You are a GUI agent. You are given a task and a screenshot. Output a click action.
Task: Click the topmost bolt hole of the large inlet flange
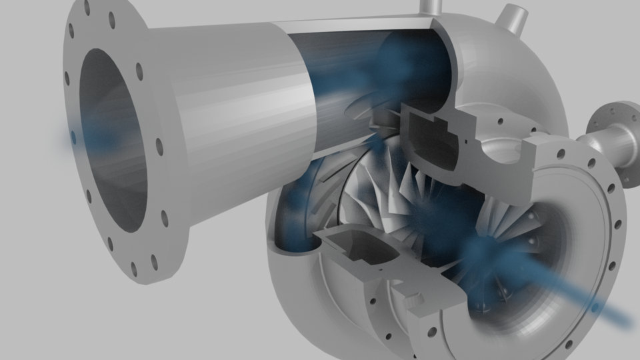click(87, 8)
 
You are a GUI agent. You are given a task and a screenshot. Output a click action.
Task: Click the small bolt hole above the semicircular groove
click(499, 122)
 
